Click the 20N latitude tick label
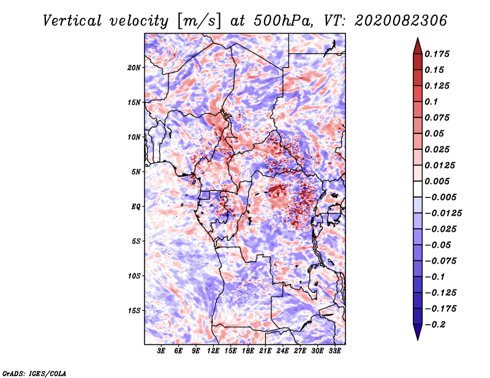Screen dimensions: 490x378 tap(134, 68)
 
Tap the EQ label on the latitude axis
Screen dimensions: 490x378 tap(136, 207)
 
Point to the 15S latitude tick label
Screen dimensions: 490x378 tap(134, 311)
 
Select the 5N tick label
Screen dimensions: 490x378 tap(136, 172)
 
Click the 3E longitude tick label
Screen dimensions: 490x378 tap(161, 351)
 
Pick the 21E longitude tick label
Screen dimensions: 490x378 tap(265, 351)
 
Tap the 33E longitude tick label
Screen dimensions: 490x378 tap(334, 351)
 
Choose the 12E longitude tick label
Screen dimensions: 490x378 tap(213, 351)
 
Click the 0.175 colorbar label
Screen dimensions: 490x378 tap(437, 54)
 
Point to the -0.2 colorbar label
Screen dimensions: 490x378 tap(435, 325)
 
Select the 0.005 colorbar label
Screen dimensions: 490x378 tap(437, 181)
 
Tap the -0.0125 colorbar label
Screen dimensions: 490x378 tap(443, 213)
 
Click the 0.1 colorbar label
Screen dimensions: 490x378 tap(431, 102)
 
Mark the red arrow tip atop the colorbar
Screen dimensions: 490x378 tap(418, 38)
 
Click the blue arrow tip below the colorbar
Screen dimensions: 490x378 tap(418, 340)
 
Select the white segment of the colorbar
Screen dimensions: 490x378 tap(418, 189)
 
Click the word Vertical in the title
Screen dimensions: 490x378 tap(72, 21)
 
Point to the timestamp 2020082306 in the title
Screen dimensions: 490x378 tap(401, 21)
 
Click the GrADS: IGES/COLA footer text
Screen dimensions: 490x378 tap(34, 373)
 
